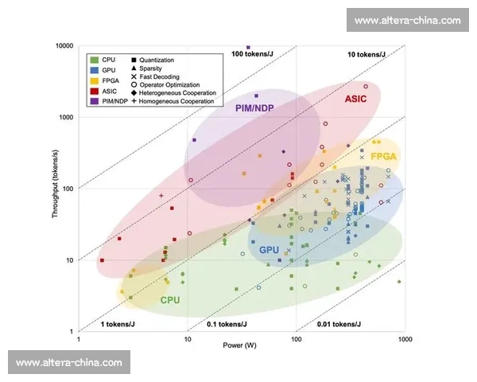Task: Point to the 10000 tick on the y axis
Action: point(63,46)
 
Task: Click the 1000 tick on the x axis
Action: point(405,339)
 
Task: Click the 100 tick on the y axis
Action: point(68,189)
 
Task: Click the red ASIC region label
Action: point(356,99)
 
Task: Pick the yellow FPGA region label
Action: point(383,157)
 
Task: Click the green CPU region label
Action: point(170,300)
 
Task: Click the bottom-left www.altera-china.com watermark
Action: point(69,363)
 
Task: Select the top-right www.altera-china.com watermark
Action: point(407,20)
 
